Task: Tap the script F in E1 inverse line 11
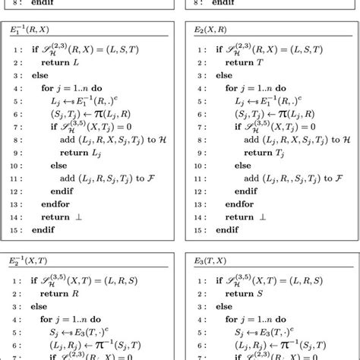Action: point(163,179)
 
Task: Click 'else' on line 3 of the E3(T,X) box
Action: point(224,307)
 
